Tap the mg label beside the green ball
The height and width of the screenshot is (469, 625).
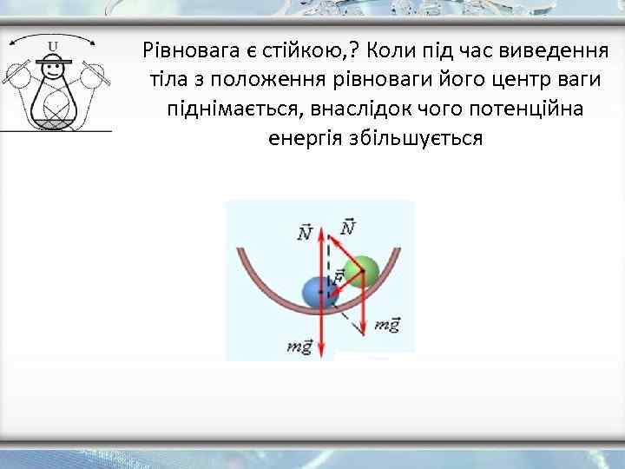pyautogui.click(x=386, y=325)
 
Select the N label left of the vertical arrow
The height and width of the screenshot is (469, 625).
pyautogui.click(x=305, y=233)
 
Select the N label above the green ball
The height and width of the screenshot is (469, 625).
pyautogui.click(x=347, y=227)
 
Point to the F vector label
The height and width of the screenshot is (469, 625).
pyautogui.click(x=339, y=277)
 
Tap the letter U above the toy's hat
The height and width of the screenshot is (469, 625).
pyautogui.click(x=54, y=45)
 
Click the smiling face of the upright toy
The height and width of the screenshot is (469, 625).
pyautogui.click(x=54, y=72)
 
